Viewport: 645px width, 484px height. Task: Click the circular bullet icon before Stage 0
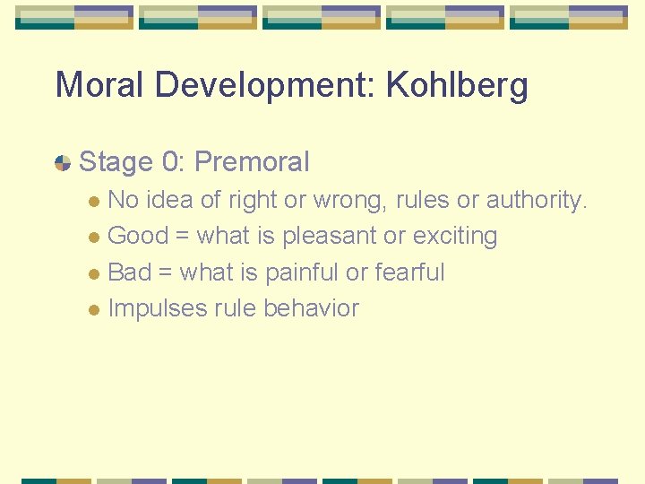tap(63, 163)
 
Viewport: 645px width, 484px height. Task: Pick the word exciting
tap(454, 237)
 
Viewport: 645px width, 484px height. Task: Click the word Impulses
tap(156, 308)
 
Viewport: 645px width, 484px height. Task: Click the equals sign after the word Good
tap(182, 237)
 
